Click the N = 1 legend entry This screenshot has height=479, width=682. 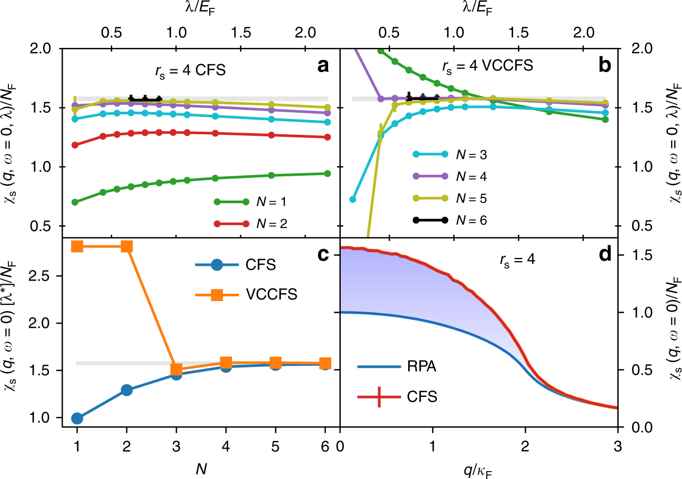[253, 201]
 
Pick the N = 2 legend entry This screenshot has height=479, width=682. [253, 223]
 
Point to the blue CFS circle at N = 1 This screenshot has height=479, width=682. [77, 418]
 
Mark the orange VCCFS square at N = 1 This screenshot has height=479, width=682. [77, 246]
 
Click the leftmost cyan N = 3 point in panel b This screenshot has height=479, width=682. [353, 199]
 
